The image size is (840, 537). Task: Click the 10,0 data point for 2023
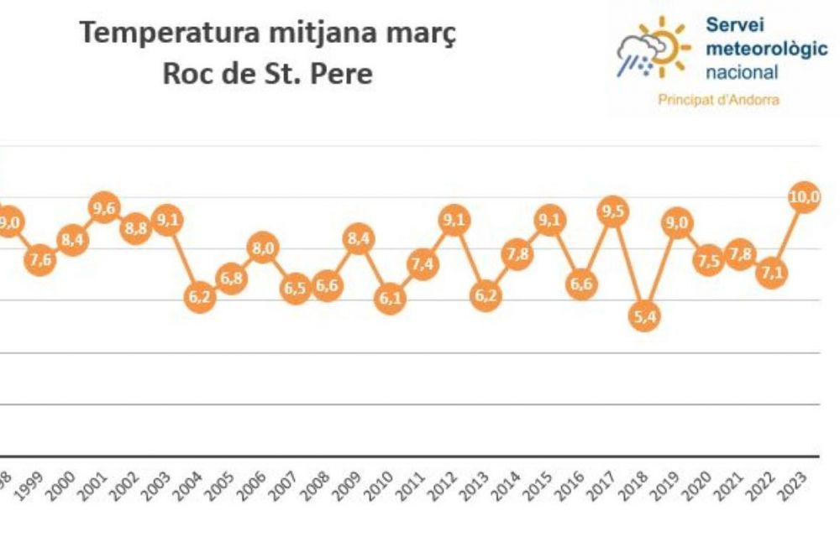(805, 198)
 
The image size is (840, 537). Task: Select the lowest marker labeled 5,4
(643, 315)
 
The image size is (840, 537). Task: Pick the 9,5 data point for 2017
(612, 211)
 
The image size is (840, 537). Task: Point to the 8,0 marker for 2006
(263, 248)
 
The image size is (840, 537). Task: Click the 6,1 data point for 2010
(390, 299)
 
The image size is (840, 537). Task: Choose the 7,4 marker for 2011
(422, 264)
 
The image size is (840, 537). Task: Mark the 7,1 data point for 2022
(771, 274)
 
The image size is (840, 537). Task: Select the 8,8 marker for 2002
(135, 228)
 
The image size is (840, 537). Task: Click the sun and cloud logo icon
(653, 48)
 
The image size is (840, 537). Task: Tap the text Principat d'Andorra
(719, 100)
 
